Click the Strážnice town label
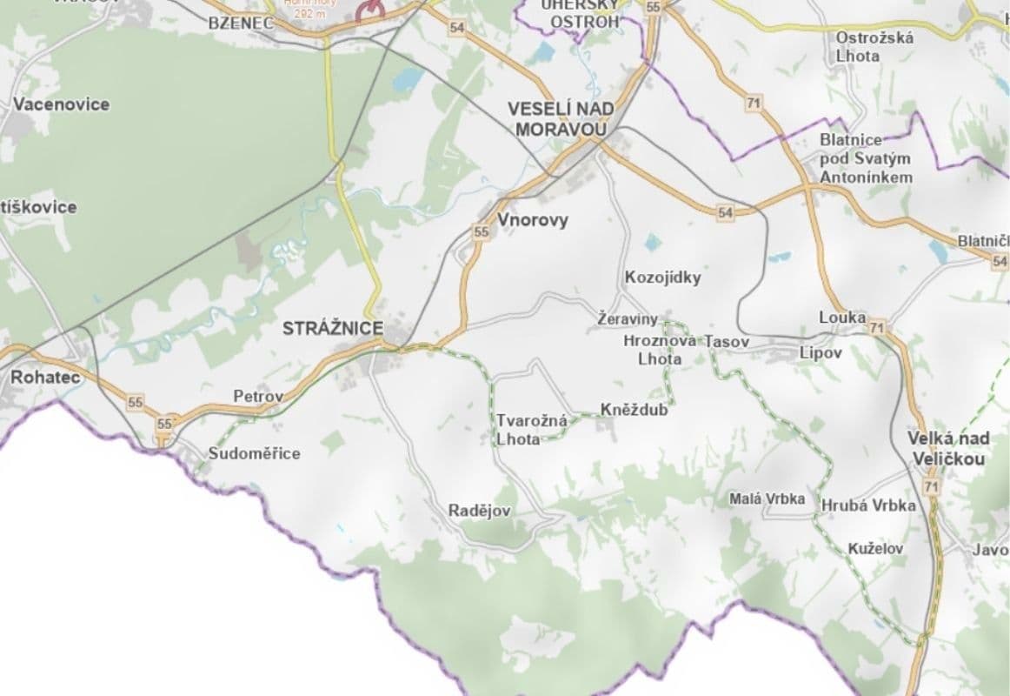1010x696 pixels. pyautogui.click(x=332, y=328)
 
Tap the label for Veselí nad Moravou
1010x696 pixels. pyautogui.click(x=561, y=119)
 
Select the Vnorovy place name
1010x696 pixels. pyautogui.click(x=533, y=220)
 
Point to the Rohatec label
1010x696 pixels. pyautogui.click(x=45, y=378)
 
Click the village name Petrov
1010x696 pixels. pyautogui.click(x=258, y=397)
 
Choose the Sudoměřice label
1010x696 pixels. pyautogui.click(x=254, y=453)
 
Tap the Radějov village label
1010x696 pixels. pyautogui.click(x=479, y=511)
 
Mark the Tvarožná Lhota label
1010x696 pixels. pyautogui.click(x=531, y=430)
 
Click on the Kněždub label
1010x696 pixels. pyautogui.click(x=635, y=410)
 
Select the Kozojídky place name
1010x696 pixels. pyautogui.click(x=662, y=278)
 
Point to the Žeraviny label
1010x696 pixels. pyautogui.click(x=628, y=319)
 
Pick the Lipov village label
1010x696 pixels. pyautogui.click(x=821, y=352)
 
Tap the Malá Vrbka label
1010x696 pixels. pyautogui.click(x=767, y=499)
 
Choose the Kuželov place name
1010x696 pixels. pyautogui.click(x=875, y=549)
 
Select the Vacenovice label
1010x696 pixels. pyautogui.click(x=61, y=104)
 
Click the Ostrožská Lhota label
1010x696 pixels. pyautogui.click(x=862, y=46)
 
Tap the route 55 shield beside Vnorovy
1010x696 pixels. pyautogui.click(x=482, y=232)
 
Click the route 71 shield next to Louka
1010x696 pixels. pyautogui.click(x=876, y=328)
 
